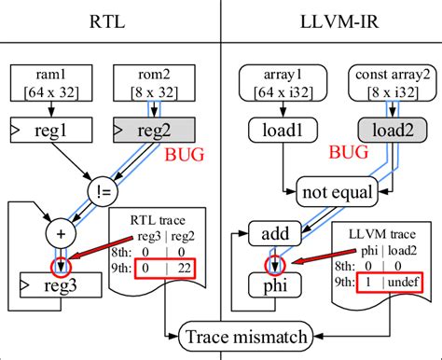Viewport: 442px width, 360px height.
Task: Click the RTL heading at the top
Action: pos(110,20)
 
